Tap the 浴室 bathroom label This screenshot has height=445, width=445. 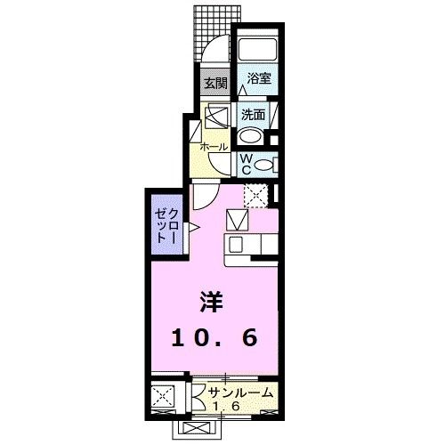click(259, 77)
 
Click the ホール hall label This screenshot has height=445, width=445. click(214, 146)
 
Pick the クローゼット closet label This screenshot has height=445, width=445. click(167, 226)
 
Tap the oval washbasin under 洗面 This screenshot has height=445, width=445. click(252, 135)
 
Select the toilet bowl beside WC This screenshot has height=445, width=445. click(268, 164)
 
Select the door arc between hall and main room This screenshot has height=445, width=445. click(204, 195)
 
